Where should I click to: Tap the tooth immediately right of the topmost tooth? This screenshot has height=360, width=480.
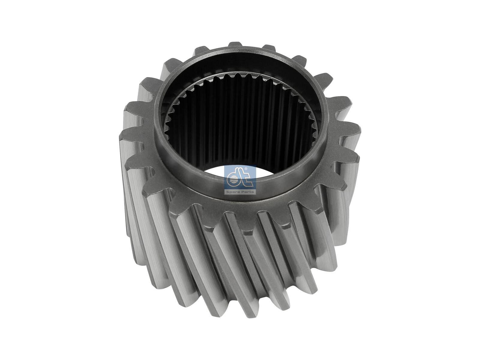coord(268,48)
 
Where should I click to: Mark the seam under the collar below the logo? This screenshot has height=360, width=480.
coord(240,199)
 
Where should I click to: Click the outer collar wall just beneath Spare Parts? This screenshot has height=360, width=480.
coord(240,196)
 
